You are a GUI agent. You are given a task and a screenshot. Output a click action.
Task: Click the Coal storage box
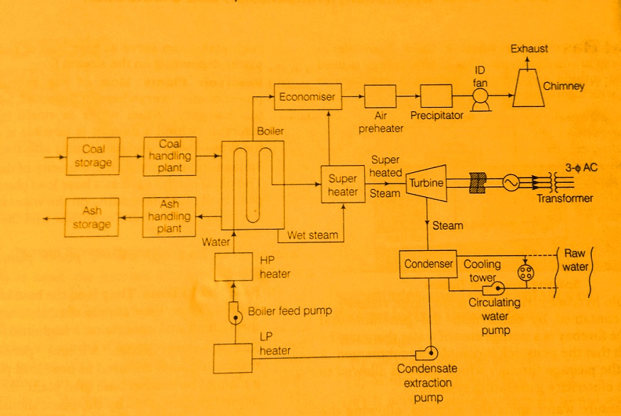click(x=93, y=156)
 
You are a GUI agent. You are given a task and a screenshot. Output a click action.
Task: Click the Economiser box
click(x=306, y=96)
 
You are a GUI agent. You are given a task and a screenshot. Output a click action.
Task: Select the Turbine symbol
click(x=427, y=183)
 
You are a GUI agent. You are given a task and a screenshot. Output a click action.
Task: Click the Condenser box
click(x=428, y=264)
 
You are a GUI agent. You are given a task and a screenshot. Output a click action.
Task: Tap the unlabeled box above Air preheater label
click(x=384, y=94)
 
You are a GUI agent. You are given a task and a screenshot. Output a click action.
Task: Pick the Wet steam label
click(x=312, y=235)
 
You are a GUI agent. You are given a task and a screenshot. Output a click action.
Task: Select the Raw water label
click(x=577, y=258)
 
